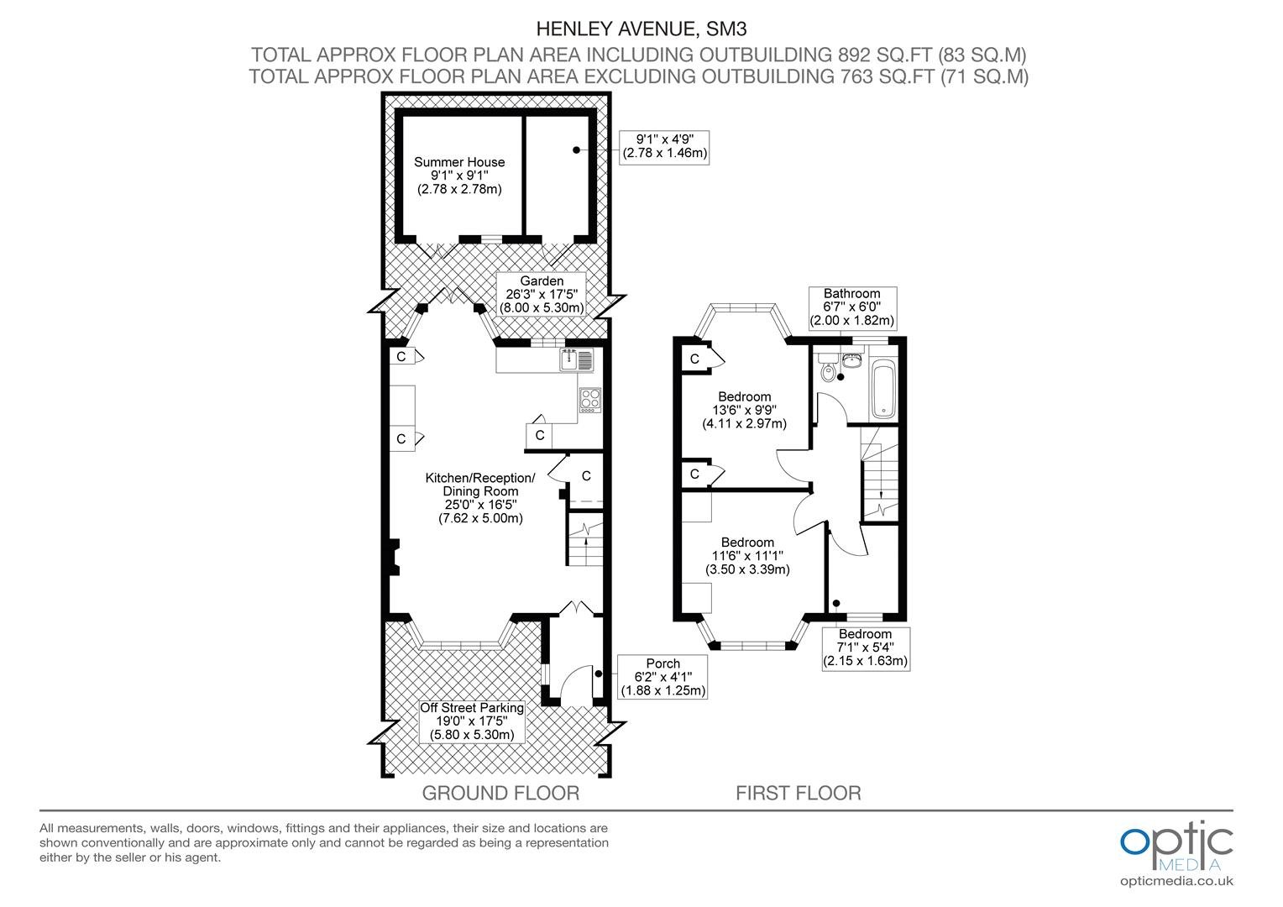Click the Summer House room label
459,176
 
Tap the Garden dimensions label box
542,294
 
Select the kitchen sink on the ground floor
577,359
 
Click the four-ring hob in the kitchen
590,400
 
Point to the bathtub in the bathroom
884,389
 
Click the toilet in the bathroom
828,369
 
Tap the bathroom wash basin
852,360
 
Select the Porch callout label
662,677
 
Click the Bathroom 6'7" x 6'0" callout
852,307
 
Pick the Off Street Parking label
472,721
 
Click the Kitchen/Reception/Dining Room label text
480,498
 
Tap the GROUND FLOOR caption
500,793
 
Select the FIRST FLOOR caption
799,793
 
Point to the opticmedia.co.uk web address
1176,882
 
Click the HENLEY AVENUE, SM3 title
641,29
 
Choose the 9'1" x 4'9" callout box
664,147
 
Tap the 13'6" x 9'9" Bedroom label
745,410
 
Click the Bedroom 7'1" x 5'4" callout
866,648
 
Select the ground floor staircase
585,539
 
